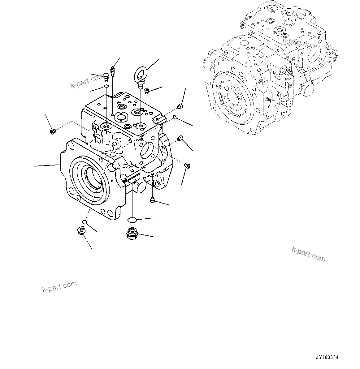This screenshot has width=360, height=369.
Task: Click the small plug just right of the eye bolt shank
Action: (147, 90)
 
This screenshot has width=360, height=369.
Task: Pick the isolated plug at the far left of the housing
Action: (52, 132)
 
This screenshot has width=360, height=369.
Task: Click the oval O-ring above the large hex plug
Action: (132, 220)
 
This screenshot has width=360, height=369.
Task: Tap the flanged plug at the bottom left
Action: (81, 231)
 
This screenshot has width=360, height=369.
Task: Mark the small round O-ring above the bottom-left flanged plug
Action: (84, 222)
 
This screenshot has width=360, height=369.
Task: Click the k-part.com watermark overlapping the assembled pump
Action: (299, 43)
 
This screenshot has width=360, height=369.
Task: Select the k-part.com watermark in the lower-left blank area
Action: (59, 287)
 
